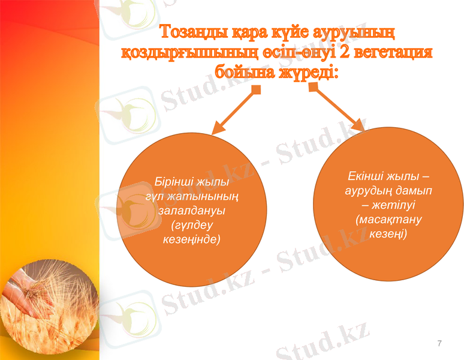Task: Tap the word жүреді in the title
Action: click(x=307, y=73)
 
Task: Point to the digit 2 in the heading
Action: click(x=344, y=52)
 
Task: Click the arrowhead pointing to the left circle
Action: click(x=217, y=129)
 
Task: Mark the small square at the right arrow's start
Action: click(x=313, y=88)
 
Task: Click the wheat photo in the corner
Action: click(x=48, y=300)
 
